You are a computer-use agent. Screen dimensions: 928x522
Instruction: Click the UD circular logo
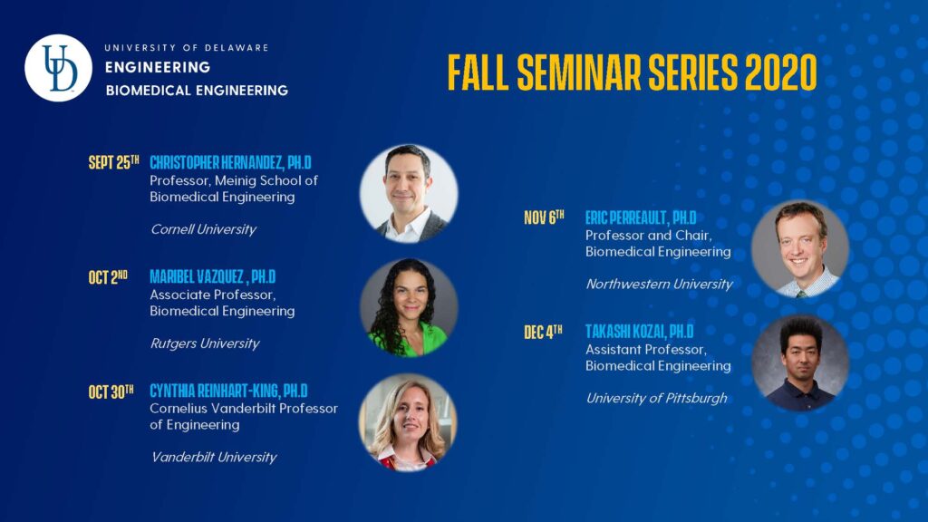tap(59, 68)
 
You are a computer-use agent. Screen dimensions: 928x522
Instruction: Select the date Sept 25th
tap(113, 162)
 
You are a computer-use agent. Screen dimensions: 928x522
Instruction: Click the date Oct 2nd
tap(108, 276)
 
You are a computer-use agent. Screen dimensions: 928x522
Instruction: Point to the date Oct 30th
tap(111, 391)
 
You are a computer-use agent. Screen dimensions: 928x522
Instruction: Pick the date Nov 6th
tap(544, 217)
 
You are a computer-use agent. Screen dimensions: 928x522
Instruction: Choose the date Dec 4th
tap(543, 332)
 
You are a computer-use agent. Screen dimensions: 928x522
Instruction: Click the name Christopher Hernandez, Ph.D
tap(230, 162)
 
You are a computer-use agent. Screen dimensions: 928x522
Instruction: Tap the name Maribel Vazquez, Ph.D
tap(212, 276)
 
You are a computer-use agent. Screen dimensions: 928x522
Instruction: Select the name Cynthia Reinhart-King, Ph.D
tap(228, 391)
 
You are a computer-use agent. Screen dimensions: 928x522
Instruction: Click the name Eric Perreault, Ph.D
tap(641, 217)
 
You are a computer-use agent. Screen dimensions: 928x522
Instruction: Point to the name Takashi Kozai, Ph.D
tap(639, 332)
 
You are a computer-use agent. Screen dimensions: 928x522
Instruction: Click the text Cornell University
tap(203, 229)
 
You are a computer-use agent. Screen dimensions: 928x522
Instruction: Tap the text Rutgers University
tap(205, 343)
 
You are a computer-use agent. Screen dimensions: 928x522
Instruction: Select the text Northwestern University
tap(660, 284)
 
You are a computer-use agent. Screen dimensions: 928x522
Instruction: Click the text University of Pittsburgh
tap(656, 399)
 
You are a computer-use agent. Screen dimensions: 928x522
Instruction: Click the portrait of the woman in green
tap(409, 308)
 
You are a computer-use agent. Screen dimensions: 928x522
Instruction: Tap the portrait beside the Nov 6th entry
tap(800, 248)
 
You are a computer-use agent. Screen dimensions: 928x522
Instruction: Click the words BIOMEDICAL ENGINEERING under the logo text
tap(197, 91)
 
